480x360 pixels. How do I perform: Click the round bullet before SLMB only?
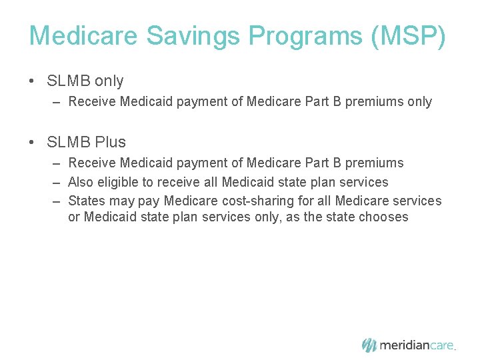pyautogui.click(x=32, y=81)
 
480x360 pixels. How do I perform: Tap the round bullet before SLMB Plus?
pyautogui.click(x=32, y=142)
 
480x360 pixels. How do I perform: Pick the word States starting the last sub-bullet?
pyautogui.click(x=87, y=201)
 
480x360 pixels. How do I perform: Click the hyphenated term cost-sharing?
pyautogui.click(x=264, y=201)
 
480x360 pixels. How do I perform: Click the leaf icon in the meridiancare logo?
pyautogui.click(x=369, y=345)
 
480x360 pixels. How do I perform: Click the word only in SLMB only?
pyautogui.click(x=109, y=81)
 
